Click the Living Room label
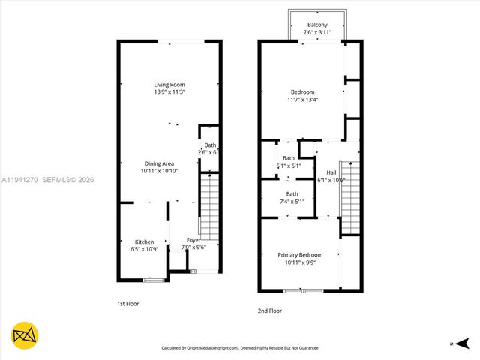(169, 85)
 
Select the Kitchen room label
(145, 241)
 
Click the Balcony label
(316, 25)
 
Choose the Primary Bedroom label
(300, 255)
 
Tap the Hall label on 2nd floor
(331, 172)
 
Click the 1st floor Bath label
(210, 145)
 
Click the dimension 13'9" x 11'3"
(169, 92)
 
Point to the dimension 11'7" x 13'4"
(302, 100)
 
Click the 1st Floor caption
(127, 304)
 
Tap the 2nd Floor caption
(270, 309)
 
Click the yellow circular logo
(25, 335)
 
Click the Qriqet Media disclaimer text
(240, 348)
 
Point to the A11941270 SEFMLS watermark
(48, 180)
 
